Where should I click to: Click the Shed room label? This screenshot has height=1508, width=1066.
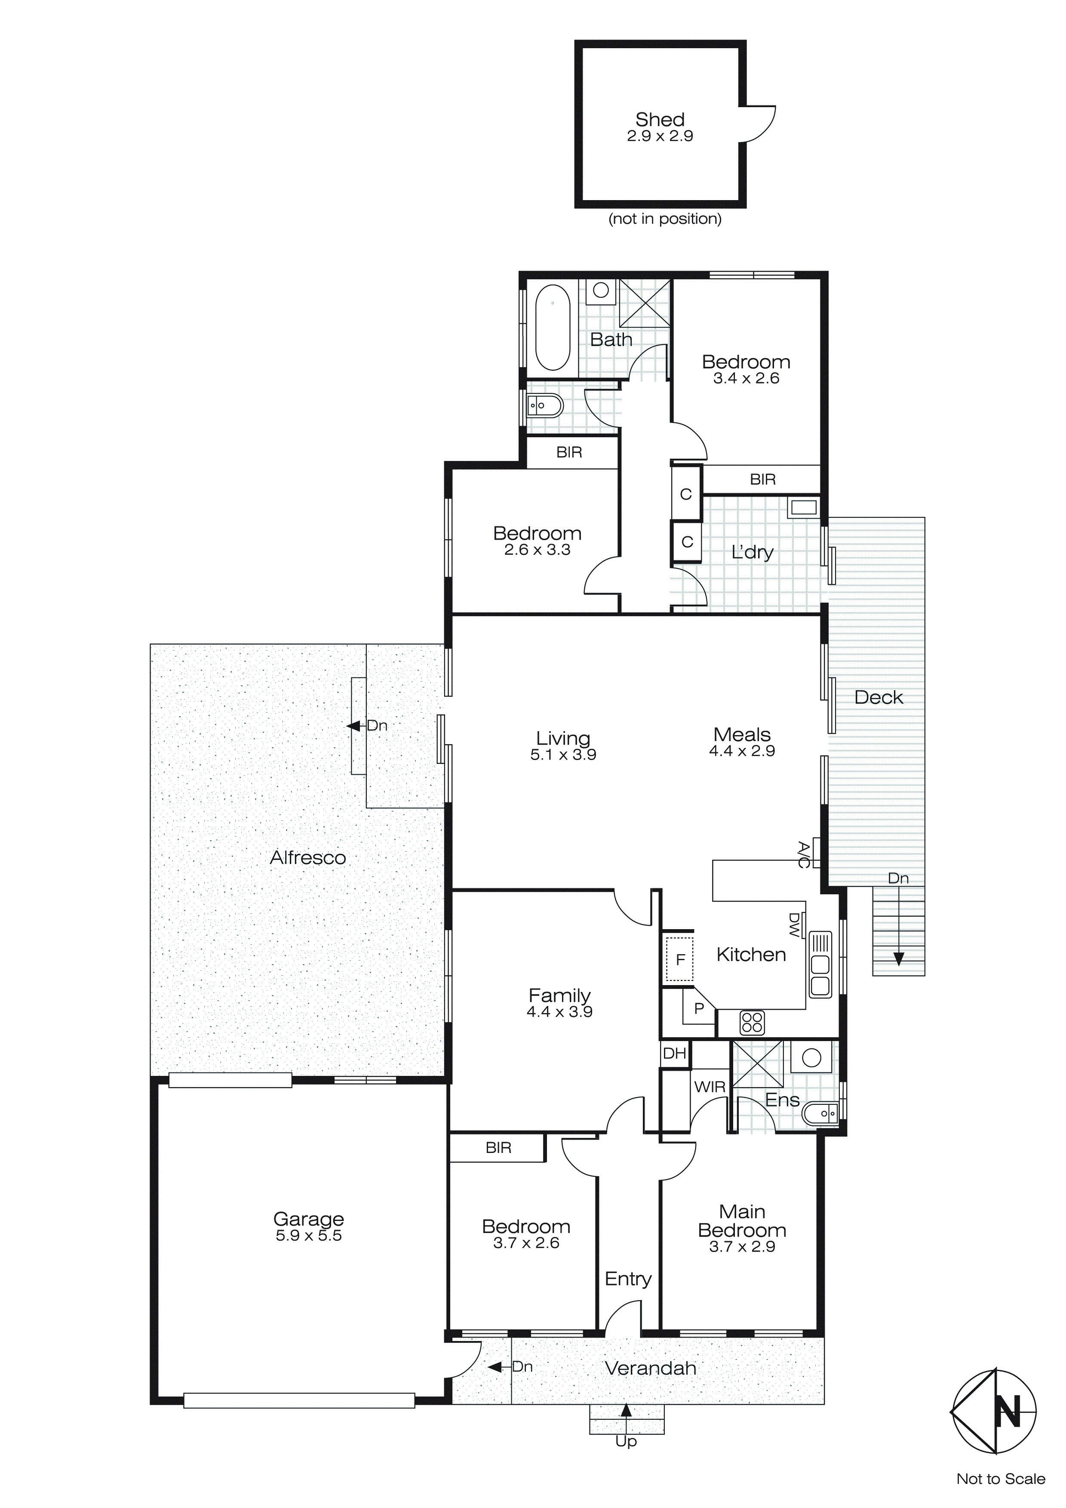tap(660, 120)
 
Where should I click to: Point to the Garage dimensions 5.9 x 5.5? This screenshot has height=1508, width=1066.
tap(308, 1236)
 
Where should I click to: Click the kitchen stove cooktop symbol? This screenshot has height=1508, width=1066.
tap(752, 1022)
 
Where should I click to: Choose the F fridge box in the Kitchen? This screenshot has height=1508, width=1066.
tap(680, 960)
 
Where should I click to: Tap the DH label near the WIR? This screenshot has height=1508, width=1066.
tap(674, 1054)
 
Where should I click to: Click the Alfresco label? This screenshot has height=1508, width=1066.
tap(308, 858)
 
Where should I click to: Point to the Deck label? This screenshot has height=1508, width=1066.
tap(878, 698)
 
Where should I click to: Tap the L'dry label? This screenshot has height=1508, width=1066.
tap(752, 552)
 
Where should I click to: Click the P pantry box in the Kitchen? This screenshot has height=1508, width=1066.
tap(699, 1008)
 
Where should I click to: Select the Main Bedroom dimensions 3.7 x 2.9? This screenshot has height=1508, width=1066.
tap(742, 1247)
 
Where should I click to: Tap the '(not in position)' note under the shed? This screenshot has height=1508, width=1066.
tap(665, 219)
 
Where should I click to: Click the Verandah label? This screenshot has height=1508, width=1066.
tap(650, 1368)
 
